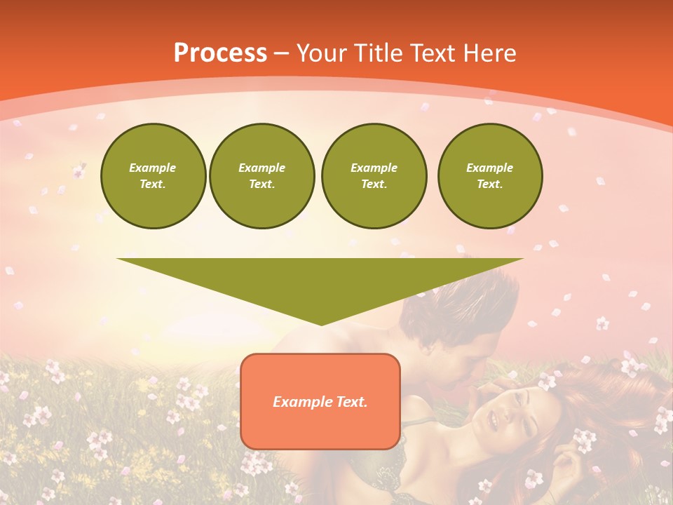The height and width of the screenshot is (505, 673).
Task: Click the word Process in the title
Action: tap(220, 53)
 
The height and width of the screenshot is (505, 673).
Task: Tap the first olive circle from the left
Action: tap(153, 176)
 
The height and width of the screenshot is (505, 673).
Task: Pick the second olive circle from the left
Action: tap(261, 176)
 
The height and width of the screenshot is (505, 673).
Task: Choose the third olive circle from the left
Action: tap(374, 176)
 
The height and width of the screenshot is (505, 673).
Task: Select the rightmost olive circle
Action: tap(489, 176)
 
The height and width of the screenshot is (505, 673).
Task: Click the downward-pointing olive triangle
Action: tap(320, 281)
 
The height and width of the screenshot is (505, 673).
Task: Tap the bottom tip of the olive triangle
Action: tap(321, 323)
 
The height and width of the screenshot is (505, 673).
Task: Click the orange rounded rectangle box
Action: tap(320, 421)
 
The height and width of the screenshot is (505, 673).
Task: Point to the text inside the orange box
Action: tap(320, 402)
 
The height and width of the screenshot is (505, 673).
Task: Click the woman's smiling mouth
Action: tap(491, 421)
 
